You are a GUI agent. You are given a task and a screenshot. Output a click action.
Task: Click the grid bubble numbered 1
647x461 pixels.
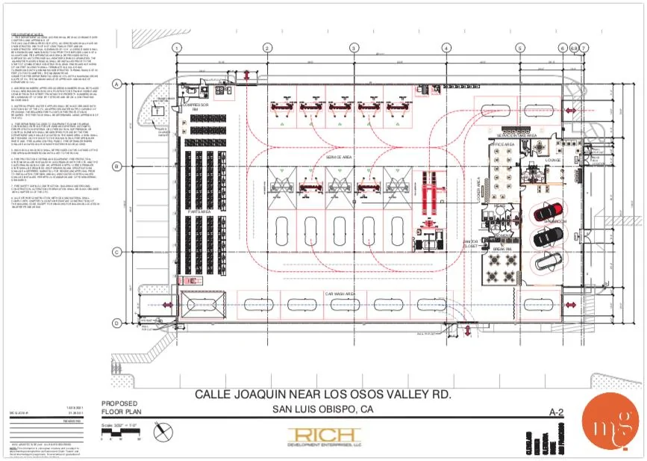pos(177,47)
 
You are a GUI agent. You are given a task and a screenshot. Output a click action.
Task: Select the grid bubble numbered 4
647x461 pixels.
pos(446,47)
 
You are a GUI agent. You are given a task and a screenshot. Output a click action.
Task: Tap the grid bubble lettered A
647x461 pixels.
pos(116,84)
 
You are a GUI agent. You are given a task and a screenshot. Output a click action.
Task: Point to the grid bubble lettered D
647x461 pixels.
pos(116,323)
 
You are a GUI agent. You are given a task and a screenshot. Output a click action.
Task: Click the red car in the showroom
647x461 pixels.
pos(547,212)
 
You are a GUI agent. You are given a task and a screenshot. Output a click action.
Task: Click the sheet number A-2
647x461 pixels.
pos(555,412)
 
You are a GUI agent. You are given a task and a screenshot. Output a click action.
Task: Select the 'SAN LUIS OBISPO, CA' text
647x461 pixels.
pos(323,409)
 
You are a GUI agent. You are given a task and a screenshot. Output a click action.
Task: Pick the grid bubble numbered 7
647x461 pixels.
pos(584,47)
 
